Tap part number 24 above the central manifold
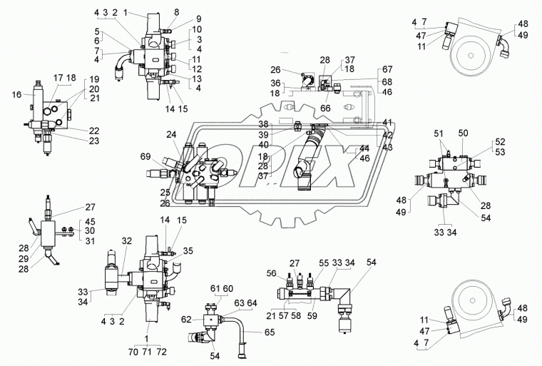(x=170, y=134)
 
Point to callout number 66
(x=325, y=108)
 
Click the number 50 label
(x=462, y=133)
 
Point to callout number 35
(x=188, y=250)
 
